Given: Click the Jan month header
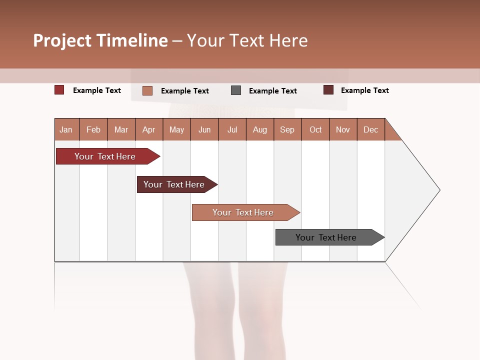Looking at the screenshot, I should pyautogui.click(x=66, y=129).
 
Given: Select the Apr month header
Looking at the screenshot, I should pyautogui.click(x=149, y=129).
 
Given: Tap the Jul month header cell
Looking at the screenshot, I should pyautogui.click(x=232, y=129).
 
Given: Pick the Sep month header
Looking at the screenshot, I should pyautogui.click(x=287, y=129).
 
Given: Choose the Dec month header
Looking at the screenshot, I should pyautogui.click(x=370, y=129).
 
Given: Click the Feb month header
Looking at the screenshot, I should pyautogui.click(x=93, y=129).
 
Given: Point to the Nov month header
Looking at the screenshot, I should pyautogui.click(x=343, y=129).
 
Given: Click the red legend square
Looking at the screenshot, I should pyautogui.click(x=59, y=90).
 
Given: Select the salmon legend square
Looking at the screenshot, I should pyautogui.click(x=147, y=90).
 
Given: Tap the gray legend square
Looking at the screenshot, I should pyautogui.click(x=236, y=90).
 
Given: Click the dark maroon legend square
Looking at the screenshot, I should pyautogui.click(x=328, y=90).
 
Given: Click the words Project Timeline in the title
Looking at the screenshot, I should pyautogui.click(x=100, y=40).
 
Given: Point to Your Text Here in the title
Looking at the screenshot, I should pyautogui.click(x=247, y=40).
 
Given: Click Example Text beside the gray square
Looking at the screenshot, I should pyautogui.click(x=272, y=91).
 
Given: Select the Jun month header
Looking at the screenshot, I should pyautogui.click(x=204, y=129).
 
